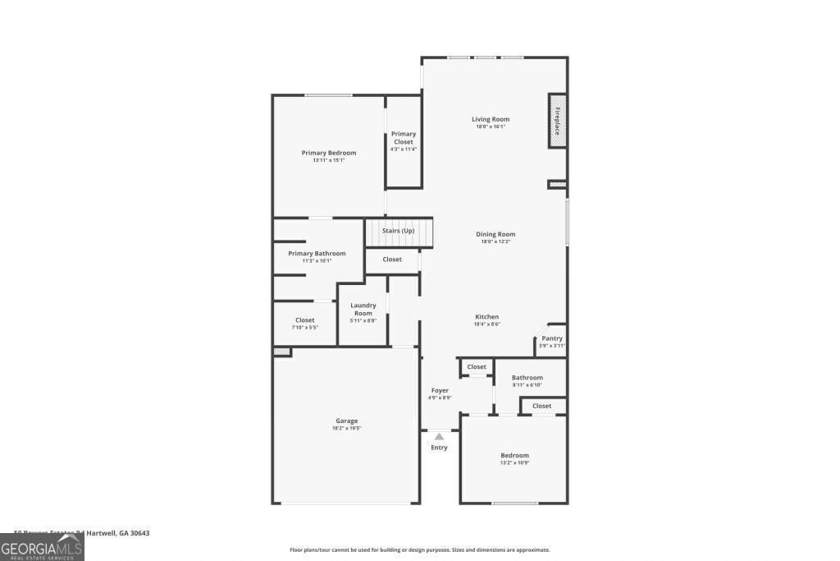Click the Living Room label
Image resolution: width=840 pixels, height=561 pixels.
[491, 119]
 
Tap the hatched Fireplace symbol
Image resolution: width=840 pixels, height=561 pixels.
[558, 121]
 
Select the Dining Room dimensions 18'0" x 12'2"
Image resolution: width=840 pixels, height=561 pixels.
[495, 241]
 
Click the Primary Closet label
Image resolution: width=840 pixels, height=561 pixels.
[404, 138]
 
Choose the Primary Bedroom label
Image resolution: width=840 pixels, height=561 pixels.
[328, 153]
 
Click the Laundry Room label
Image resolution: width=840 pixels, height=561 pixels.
[363, 309]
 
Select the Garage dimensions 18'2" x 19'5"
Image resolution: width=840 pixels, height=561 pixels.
[346, 428]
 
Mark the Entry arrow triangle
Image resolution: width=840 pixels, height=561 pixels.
[439, 437]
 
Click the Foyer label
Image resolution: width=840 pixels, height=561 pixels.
[440, 390]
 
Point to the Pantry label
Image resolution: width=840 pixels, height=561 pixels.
[552, 338]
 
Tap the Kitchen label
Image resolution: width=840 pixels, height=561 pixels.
[486, 317]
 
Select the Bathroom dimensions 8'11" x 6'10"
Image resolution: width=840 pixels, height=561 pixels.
[527, 384]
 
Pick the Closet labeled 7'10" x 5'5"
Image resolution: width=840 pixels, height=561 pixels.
[304, 323]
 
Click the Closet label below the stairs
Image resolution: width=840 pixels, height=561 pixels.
[392, 260]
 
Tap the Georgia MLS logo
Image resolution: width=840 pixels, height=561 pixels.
[42, 547]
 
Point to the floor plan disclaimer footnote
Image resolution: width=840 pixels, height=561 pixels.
[419, 550]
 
